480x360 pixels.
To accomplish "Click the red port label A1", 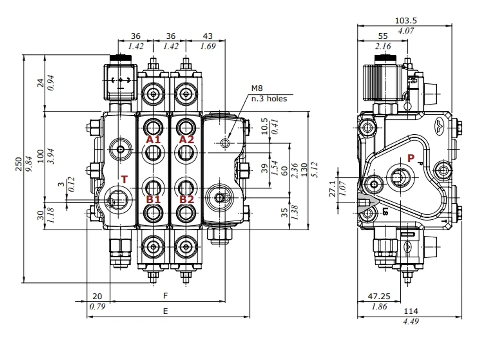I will tap(153, 140).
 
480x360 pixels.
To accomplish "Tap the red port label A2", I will tap(186, 140).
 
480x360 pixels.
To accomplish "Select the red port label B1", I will tap(153, 199).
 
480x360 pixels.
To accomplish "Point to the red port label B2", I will tap(186, 199).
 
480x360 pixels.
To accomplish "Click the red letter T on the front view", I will tap(124, 180).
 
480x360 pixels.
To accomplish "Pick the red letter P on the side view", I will tap(411, 158).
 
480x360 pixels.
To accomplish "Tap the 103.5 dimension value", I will tap(406, 21).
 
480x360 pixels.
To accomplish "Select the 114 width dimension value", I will tap(411, 311).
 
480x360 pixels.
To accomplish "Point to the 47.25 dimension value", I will tap(379, 296).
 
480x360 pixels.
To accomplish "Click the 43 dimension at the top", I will tap(207, 36).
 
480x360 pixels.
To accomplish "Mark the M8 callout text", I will tap(257, 88).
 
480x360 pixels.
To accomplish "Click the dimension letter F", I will tap(165, 296).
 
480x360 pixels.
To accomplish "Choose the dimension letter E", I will tap(165, 311).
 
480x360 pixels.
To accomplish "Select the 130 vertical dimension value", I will tap(304, 169).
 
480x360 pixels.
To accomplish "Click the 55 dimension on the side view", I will tap(382, 36).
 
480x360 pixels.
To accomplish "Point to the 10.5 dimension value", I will tap(264, 126).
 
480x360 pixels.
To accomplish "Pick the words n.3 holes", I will tap(269, 99).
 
